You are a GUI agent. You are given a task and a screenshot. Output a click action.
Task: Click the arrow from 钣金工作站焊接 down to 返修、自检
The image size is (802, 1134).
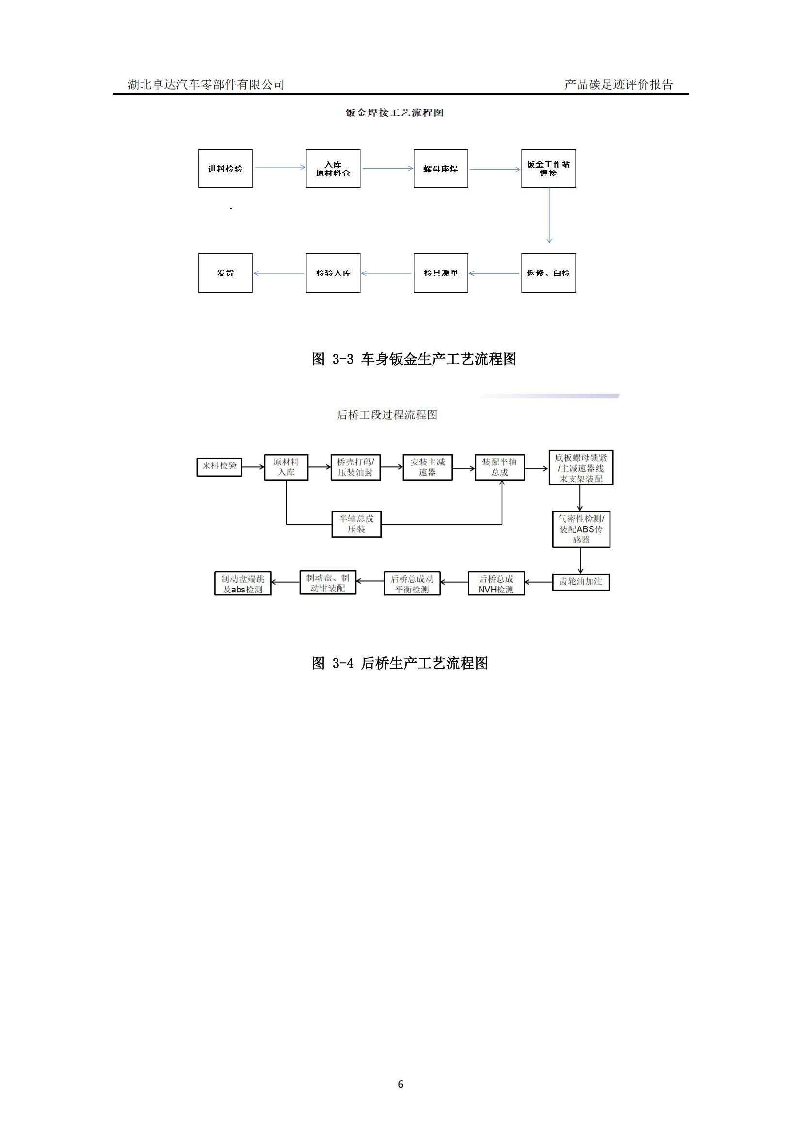click(x=549, y=216)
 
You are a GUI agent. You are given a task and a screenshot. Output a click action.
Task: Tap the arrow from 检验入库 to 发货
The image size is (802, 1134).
click(x=279, y=273)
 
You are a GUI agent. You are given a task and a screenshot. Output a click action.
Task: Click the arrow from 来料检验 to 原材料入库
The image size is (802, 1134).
click(x=253, y=467)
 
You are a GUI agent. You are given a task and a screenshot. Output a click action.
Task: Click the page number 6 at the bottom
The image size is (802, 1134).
click(x=401, y=1084)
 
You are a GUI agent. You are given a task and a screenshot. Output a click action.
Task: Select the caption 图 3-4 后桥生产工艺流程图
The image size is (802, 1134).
click(x=400, y=663)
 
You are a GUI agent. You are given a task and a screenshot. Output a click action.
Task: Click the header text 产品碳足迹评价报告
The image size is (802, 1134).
click(x=619, y=84)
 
